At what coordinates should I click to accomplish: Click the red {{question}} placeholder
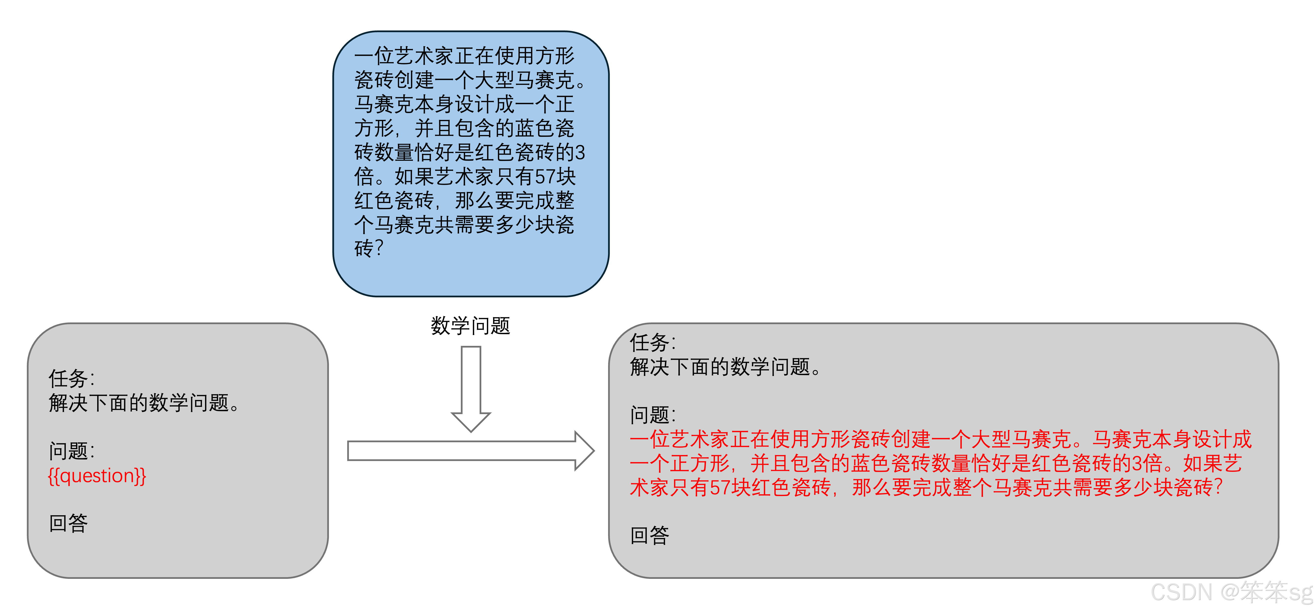[97, 476]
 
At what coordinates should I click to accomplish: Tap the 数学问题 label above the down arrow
[470, 326]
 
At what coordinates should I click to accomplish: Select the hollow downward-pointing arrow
[471, 388]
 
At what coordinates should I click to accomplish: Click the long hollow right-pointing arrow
[469, 451]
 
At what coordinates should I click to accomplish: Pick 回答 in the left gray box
[68, 523]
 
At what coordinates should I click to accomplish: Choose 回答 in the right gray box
[649, 535]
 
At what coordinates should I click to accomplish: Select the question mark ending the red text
[1218, 487]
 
